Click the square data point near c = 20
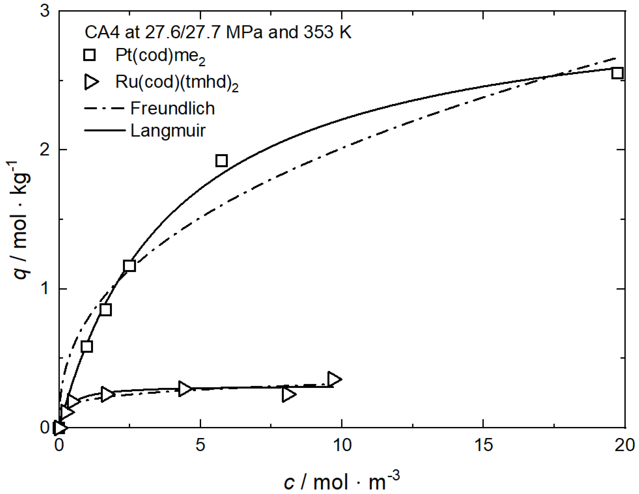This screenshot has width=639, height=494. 617,73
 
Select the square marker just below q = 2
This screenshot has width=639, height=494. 221,160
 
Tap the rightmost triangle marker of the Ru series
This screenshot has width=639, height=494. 334,379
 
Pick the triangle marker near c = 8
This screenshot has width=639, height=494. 288,394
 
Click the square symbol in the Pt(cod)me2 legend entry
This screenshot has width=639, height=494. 89,55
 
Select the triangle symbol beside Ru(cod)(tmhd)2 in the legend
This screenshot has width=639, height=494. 91,82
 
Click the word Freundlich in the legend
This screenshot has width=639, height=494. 172,108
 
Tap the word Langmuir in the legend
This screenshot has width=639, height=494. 168,130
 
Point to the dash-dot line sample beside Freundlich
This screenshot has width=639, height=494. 104,108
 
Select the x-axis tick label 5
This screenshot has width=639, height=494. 200,445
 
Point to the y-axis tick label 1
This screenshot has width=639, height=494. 45,289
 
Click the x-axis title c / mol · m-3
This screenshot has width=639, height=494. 342,481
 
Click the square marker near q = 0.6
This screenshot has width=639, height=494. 87,346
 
